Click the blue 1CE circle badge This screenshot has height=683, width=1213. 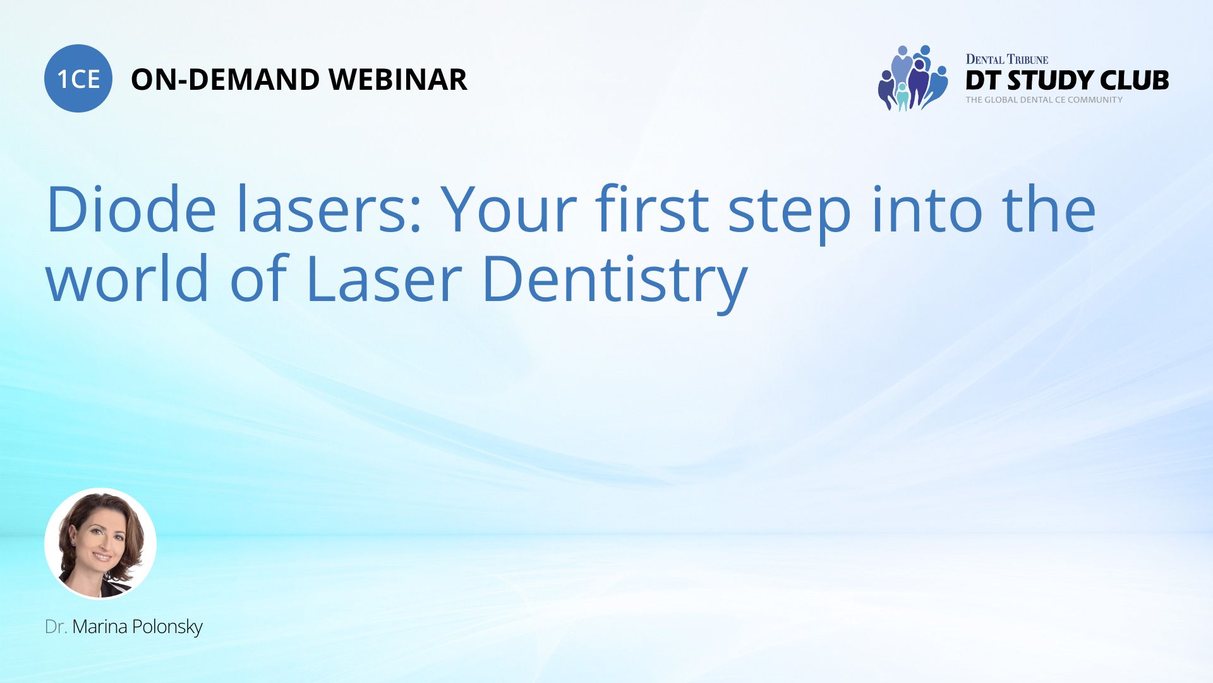click(78, 78)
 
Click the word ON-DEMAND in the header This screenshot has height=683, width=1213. click(225, 80)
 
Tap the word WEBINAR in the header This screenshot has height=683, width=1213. click(398, 80)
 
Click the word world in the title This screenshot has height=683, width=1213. click(127, 278)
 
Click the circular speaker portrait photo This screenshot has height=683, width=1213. click(100, 543)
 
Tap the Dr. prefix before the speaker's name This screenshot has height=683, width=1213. click(56, 627)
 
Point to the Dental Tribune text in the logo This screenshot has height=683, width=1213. click(1006, 59)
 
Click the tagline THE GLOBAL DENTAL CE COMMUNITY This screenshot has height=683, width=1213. click(1044, 100)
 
